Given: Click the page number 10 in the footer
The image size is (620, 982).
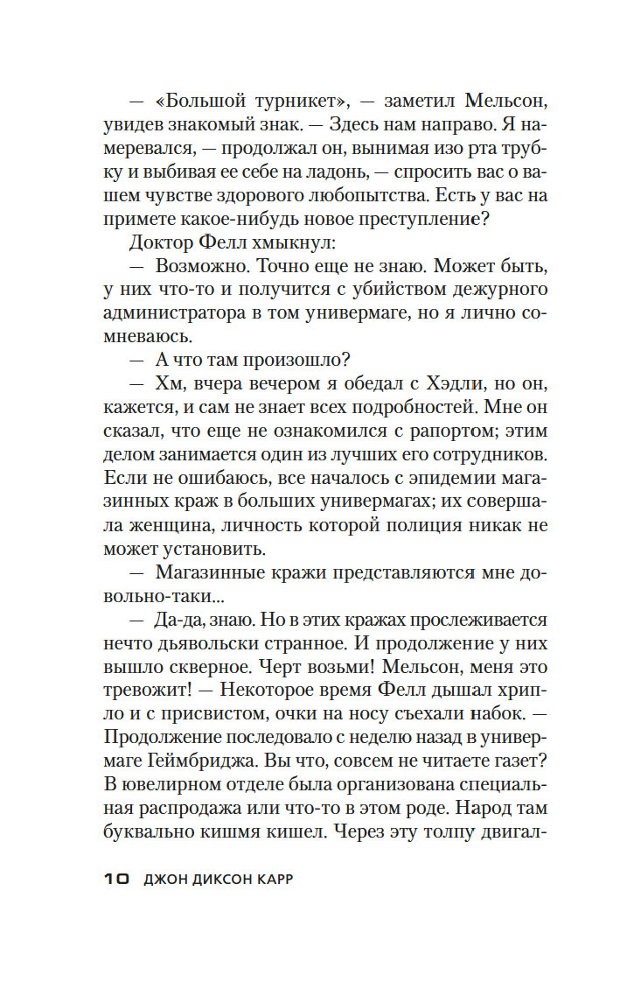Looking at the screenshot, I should point(116,880).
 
